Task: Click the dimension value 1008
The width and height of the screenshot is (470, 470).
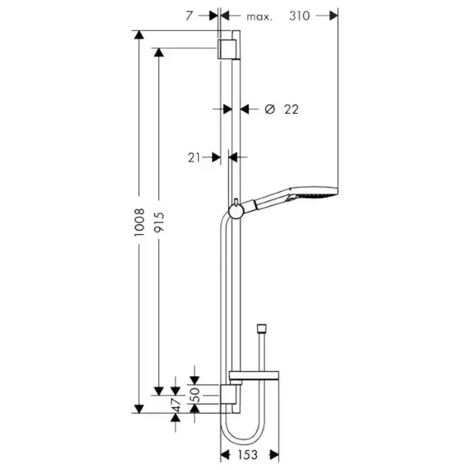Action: click(140, 222)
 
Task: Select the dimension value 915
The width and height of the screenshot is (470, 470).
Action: click(159, 222)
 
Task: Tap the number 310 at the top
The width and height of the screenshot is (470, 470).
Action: click(299, 16)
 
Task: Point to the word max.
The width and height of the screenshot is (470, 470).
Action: click(259, 17)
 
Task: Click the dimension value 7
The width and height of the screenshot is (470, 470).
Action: click(189, 16)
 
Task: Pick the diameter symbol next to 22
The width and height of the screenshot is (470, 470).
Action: click(270, 109)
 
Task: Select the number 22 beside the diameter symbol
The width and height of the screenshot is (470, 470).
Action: click(291, 109)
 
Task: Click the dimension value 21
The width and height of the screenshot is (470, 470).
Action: click(194, 157)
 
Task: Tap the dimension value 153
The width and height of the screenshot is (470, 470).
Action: click(248, 455)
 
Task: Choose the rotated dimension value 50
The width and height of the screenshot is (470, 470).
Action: click(195, 395)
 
